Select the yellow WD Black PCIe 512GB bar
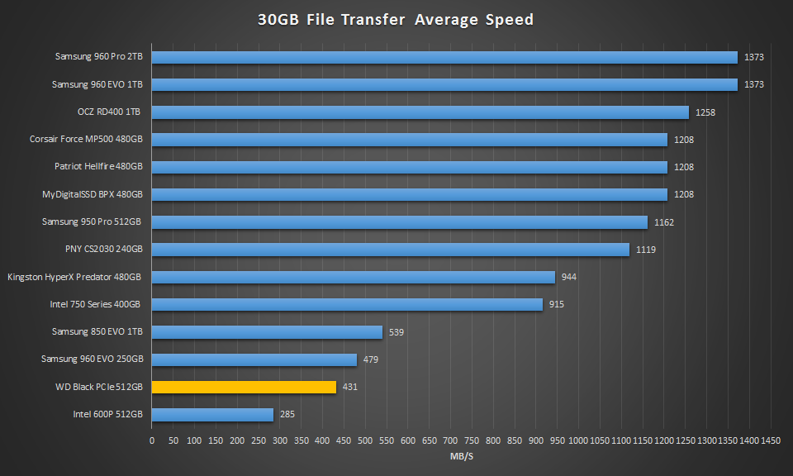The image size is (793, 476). click(x=244, y=387)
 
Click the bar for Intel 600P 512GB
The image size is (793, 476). click(x=212, y=414)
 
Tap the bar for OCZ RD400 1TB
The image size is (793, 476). click(x=420, y=112)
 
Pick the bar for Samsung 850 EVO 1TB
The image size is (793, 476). click(x=267, y=332)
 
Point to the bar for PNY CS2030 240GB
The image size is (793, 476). click(x=390, y=250)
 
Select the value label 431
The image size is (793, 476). click(x=350, y=387)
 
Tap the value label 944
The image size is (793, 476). click(x=568, y=277)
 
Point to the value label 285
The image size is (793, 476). click(x=287, y=414)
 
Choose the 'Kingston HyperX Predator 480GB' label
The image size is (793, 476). click(x=74, y=277)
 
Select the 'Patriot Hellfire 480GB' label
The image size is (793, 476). click(x=99, y=167)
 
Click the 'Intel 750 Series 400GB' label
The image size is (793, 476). click(x=95, y=304)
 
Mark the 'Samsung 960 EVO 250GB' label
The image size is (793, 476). click(x=93, y=359)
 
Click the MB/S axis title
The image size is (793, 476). click(x=461, y=455)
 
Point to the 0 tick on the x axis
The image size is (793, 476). click(x=152, y=440)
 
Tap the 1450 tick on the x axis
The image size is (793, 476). click(x=771, y=440)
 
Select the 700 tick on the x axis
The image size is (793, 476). click(x=450, y=440)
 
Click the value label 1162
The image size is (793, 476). click(x=663, y=222)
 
